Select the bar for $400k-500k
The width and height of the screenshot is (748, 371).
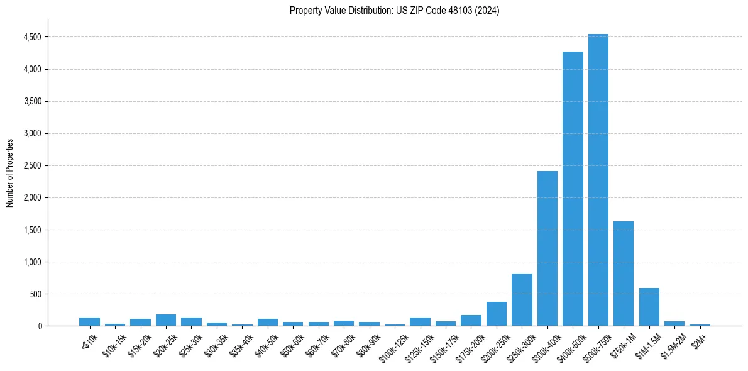pyautogui.click(x=573, y=189)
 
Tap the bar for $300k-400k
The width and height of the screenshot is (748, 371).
pyautogui.click(x=547, y=248)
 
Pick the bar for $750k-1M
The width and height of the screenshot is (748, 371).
pyautogui.click(x=624, y=274)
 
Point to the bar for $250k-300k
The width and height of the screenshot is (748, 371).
pyautogui.click(x=522, y=300)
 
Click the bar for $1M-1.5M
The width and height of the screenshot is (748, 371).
pyautogui.click(x=649, y=307)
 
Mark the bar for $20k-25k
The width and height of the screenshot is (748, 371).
pyautogui.click(x=166, y=320)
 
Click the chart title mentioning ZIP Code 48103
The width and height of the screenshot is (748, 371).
pyautogui.click(x=394, y=11)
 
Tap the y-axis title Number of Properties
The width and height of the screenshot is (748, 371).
pyautogui.click(x=10, y=173)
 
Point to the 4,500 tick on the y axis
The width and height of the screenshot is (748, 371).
pyautogui.click(x=31, y=37)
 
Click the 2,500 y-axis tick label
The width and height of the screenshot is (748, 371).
pyautogui.click(x=31, y=165)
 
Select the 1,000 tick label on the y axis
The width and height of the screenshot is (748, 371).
pyautogui.click(x=31, y=262)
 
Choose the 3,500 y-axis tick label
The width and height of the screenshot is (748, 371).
pyautogui.click(x=31, y=101)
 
